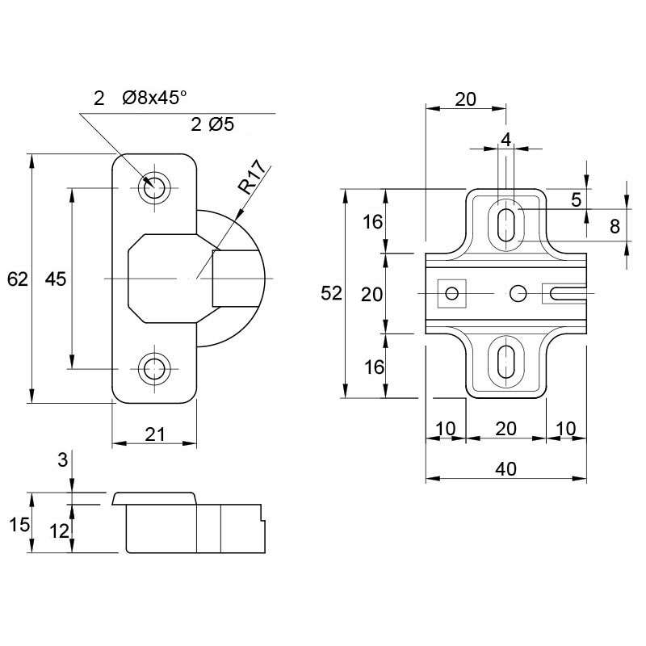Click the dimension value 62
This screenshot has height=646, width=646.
pos(18,279)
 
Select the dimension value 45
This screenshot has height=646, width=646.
pos(55,279)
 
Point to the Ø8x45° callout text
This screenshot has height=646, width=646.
pos(154,98)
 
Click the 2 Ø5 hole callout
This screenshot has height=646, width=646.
pos(212,124)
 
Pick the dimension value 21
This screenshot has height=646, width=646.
pos(155,434)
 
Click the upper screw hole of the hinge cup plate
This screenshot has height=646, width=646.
pos(154,188)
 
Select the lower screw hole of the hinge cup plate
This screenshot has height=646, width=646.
pos(154,368)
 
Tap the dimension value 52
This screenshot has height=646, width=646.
pos(332,293)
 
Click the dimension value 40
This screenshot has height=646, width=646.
pos(506,469)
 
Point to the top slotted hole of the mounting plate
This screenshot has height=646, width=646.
pos(506,224)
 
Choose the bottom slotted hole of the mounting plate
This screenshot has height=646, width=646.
pos(506,361)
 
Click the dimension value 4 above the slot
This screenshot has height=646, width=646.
pos(506,140)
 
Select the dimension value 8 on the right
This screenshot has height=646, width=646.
pos(615,226)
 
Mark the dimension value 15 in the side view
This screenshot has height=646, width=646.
pos(19,524)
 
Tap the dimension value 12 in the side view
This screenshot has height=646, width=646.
pos(59,531)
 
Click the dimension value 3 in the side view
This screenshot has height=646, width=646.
pos(63,459)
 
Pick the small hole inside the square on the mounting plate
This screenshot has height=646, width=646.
pos(452,293)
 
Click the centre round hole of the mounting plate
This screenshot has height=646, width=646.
pos(518,293)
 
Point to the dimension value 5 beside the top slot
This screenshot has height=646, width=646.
pos(576,199)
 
